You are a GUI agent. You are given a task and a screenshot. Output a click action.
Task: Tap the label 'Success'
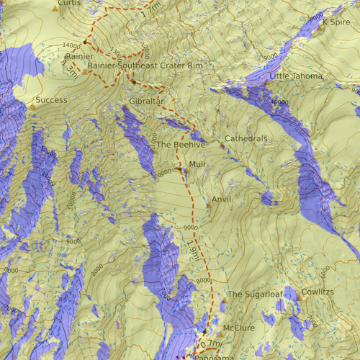click(51, 100)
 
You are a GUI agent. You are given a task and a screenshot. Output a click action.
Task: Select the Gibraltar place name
click(147, 101)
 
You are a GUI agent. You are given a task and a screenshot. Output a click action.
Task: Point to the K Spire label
click(336, 22)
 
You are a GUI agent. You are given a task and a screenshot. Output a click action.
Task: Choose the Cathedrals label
click(246, 138)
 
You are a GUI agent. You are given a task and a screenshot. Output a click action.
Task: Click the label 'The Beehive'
click(181, 145)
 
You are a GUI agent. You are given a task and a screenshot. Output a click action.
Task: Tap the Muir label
click(197, 165)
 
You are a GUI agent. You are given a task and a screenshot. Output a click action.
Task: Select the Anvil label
click(222, 199)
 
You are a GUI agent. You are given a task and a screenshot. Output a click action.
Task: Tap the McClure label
click(239, 328)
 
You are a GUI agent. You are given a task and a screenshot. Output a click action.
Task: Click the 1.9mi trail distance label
click(193, 252)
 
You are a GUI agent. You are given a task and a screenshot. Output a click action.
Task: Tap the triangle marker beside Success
click(31, 107)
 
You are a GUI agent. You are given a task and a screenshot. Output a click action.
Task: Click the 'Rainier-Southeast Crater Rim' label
click(145, 66)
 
